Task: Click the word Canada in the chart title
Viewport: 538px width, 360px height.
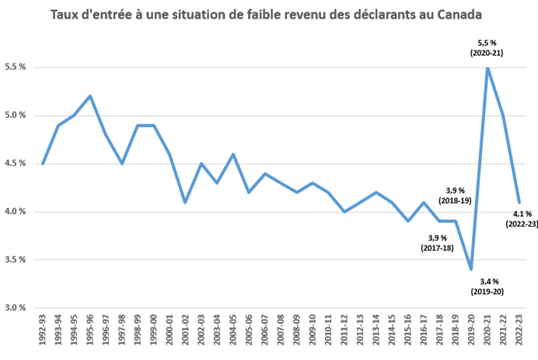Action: tap(459, 15)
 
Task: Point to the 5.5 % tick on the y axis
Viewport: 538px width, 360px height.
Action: tap(16, 68)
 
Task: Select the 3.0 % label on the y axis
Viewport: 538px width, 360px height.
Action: tap(16, 308)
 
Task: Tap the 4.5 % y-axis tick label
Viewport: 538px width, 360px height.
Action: tap(16, 164)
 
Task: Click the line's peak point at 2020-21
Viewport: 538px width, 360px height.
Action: tap(487, 68)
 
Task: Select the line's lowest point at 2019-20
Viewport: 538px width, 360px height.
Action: tap(471, 269)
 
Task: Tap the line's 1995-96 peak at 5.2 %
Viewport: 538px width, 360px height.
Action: tap(90, 96)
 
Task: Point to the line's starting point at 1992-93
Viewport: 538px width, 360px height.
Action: tap(42, 163)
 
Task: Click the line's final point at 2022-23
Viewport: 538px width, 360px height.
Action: tap(519, 202)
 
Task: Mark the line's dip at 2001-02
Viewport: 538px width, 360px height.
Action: tap(186, 202)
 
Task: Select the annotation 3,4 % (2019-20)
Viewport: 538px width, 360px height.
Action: tap(490, 286)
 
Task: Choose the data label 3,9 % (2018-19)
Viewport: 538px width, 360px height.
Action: tap(456, 195)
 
